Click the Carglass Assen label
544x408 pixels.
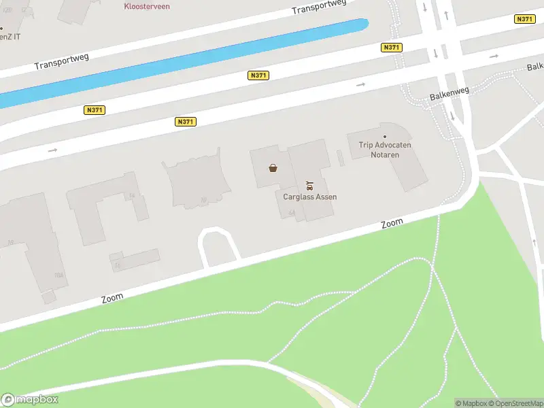point(310,197)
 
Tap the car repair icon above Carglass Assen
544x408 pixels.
point(310,185)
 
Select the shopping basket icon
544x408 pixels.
point(273,168)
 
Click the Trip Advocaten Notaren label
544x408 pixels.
point(385,150)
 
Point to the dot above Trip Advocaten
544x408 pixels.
point(385,137)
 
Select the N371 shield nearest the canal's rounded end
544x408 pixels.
point(392,47)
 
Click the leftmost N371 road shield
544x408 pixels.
point(95,109)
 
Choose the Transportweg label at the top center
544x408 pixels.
point(318,7)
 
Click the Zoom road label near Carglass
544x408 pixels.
point(392,223)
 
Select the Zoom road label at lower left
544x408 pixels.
point(112,298)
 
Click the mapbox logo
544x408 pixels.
point(30,400)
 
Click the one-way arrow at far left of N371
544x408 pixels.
point(52,150)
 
